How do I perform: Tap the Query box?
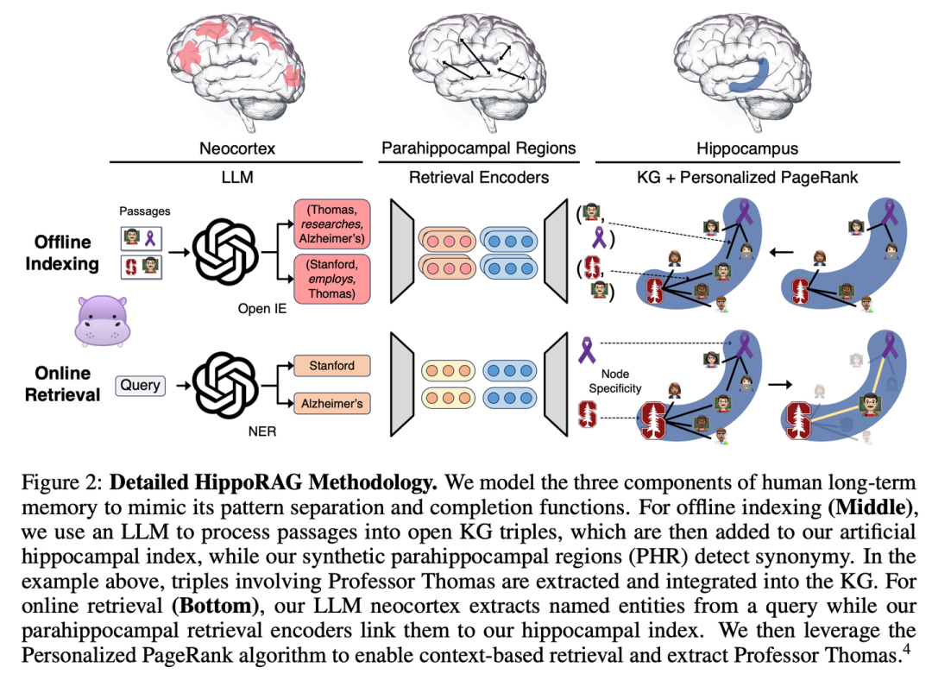[140, 386]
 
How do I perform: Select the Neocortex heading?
[238, 149]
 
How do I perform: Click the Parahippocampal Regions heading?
[478, 149]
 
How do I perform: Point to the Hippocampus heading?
[747, 149]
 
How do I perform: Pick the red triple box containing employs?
[332, 278]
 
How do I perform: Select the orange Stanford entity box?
[331, 365]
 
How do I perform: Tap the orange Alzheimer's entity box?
[331, 403]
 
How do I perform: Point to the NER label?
[262, 431]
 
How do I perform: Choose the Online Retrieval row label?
[62, 384]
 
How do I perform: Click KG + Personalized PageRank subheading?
[747, 178]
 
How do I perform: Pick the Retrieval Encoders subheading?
[478, 178]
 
